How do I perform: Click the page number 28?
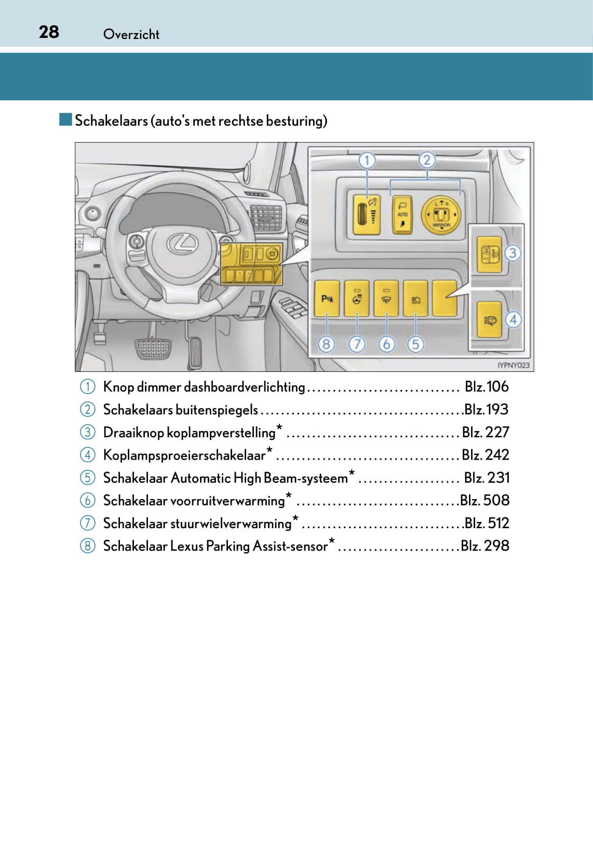[x=49, y=32]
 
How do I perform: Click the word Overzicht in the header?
[x=131, y=34]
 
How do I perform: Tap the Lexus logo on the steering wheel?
[x=182, y=244]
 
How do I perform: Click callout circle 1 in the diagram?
[x=367, y=160]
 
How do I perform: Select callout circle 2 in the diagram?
[x=427, y=160]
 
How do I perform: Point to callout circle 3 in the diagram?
[x=513, y=253]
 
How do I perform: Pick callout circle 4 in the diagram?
[x=513, y=319]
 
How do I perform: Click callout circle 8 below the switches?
[x=326, y=344]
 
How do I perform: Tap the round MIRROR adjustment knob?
[x=441, y=214]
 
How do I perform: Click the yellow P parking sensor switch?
[x=327, y=299]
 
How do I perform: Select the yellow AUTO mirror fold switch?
[x=402, y=214]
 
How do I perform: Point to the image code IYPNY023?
[x=513, y=365]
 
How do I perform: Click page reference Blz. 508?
[x=484, y=500]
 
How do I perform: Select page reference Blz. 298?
[x=485, y=546]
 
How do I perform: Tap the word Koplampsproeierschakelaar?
[x=184, y=455]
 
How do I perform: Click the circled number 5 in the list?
[x=87, y=478]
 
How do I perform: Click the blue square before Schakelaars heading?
[x=65, y=120]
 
